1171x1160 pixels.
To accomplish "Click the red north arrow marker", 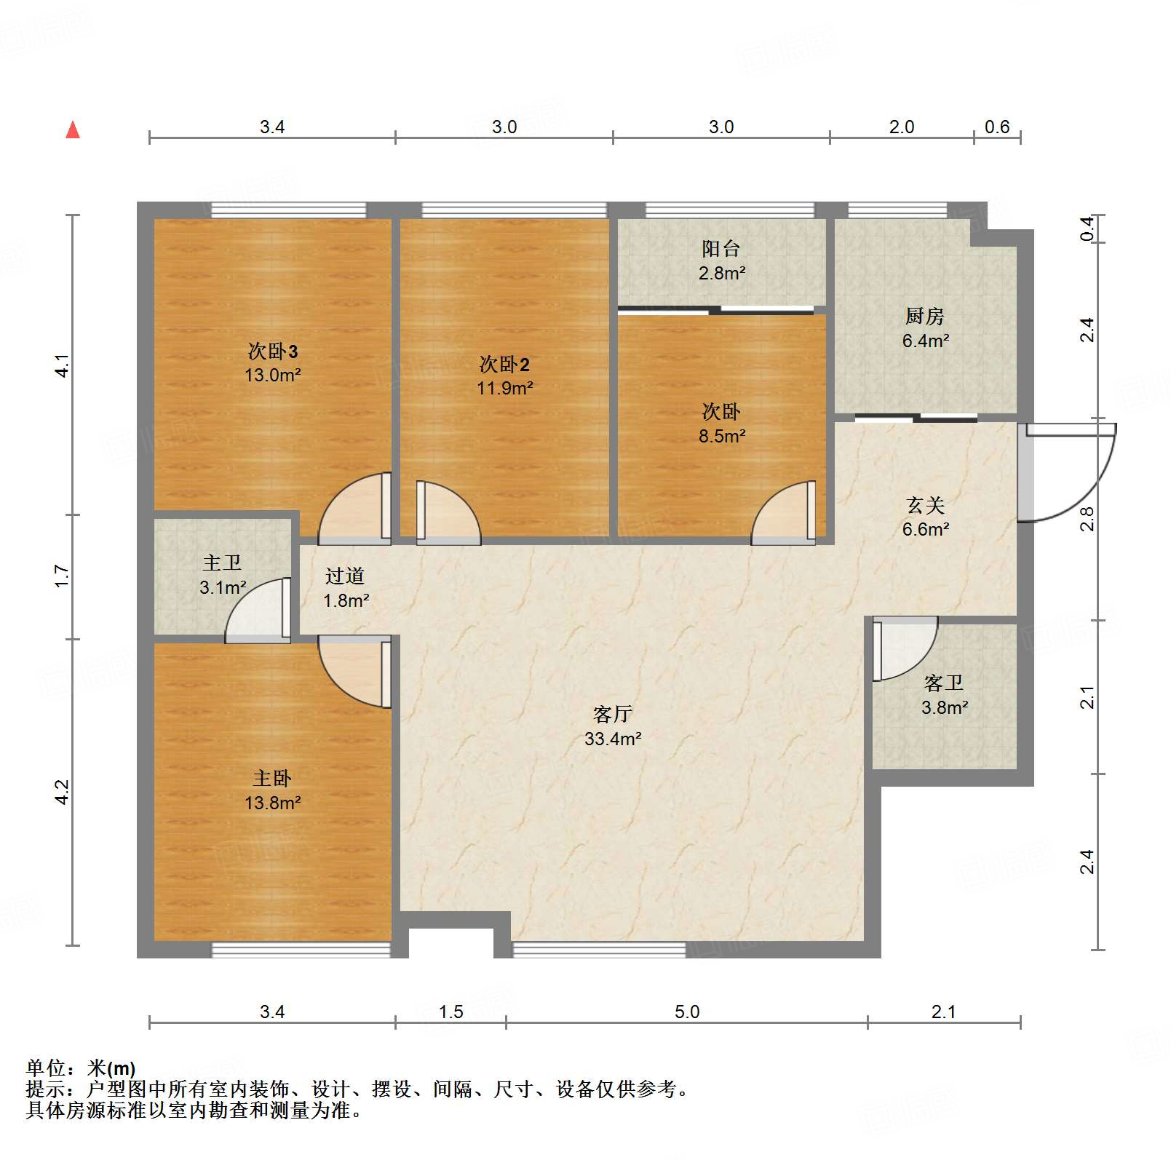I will (x=73, y=130).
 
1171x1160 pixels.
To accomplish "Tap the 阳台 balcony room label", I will (x=721, y=249).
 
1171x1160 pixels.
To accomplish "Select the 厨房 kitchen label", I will (x=924, y=317).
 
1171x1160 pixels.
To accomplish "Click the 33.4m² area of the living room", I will (x=613, y=739).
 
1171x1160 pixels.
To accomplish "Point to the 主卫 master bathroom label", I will (x=222, y=563).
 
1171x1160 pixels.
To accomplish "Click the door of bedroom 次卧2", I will (x=445, y=513).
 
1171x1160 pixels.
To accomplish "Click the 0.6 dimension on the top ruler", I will (x=996, y=127).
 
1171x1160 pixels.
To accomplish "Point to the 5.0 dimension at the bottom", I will (x=686, y=1012).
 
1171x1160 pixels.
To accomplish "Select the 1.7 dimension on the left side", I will (x=63, y=576).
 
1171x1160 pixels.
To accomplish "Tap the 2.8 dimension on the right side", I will (x=1087, y=519).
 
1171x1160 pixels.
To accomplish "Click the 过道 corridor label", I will (x=344, y=576).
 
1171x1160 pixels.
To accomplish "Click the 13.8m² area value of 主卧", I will (x=272, y=803).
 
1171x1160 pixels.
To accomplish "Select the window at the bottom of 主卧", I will (x=301, y=950).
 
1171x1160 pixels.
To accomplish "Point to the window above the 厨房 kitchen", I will (x=897, y=210).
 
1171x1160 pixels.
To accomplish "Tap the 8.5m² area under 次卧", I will (x=721, y=437).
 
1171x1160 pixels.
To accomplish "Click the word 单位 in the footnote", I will (x=46, y=1068).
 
